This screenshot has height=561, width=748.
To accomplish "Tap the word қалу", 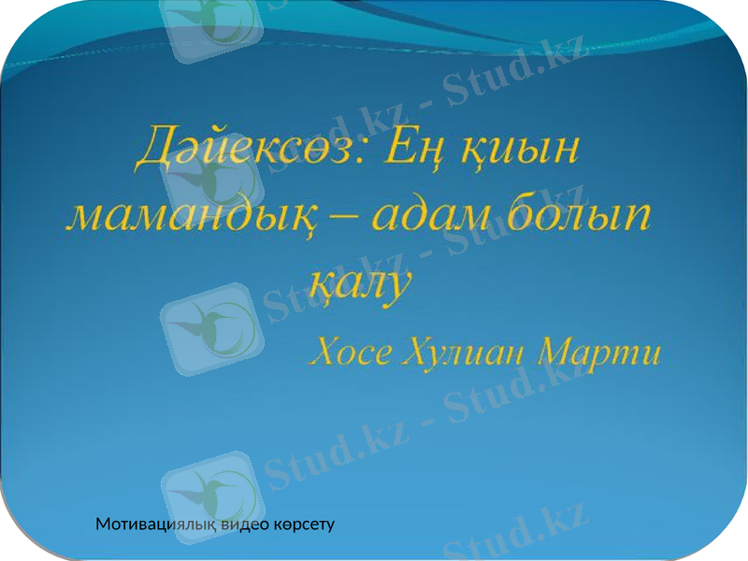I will [x=359, y=281].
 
